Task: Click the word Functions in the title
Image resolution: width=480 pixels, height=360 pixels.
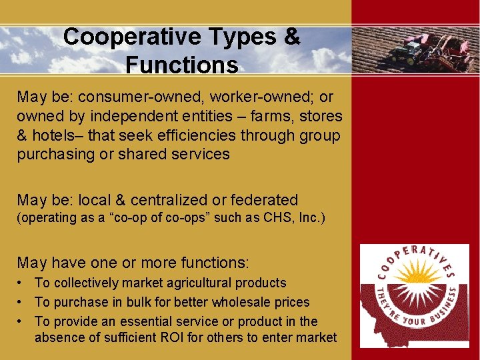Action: point(181,65)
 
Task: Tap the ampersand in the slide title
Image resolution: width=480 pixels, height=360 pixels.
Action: point(291,37)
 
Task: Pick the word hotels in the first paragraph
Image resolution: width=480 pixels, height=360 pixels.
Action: point(54,135)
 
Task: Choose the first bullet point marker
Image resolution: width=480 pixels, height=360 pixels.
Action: point(21,283)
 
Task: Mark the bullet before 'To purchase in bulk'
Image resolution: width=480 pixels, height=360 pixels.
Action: point(21,302)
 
